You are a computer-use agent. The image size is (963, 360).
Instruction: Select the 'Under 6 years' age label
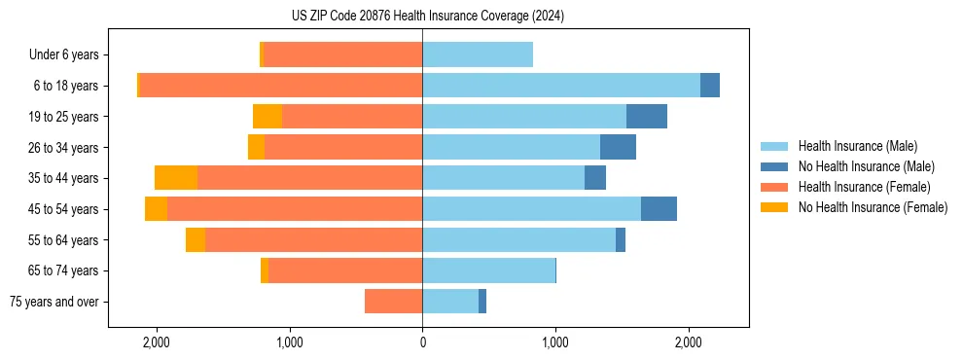pos(69,54)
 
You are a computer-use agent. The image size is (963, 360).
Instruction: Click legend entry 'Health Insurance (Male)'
pos(857,146)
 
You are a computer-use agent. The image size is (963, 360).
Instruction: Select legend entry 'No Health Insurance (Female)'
pos(873,207)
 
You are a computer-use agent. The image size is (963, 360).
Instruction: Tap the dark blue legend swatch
pos(775,166)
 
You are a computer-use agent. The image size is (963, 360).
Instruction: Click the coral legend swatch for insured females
pos(775,187)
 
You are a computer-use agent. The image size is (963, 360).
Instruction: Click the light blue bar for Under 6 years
pos(478,54)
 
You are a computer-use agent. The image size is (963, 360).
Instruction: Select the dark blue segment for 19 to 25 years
pos(647,116)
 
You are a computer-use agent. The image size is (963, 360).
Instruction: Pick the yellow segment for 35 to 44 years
pos(176,178)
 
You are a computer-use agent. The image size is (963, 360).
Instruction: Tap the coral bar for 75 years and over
pos(393,302)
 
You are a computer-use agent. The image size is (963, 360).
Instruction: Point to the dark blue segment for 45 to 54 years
pos(659,209)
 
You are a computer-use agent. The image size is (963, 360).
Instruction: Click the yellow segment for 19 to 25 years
pos(267,116)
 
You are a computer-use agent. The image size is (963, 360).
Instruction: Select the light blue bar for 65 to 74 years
pos(488,270)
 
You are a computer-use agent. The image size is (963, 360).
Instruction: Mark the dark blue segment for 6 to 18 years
pos(710,86)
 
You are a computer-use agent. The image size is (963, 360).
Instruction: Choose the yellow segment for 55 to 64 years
pos(196,239)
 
